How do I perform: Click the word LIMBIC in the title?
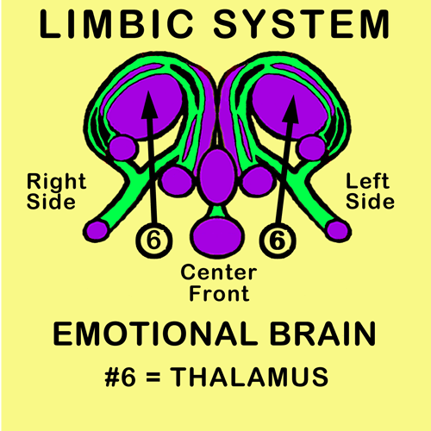[116, 24]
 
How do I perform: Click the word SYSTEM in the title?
[302, 24]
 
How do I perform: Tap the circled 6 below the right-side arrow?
[154, 240]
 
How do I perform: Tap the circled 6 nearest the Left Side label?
[278, 240]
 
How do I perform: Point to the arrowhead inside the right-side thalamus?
[149, 105]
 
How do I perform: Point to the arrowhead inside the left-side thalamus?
[291, 109]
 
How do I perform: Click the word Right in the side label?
[57, 183]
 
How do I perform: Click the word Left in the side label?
[368, 182]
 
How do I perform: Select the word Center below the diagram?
[219, 272]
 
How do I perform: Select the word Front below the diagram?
[219, 293]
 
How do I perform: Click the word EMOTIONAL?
[155, 334]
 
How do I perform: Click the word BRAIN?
[322, 334]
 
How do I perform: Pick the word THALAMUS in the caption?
[249, 377]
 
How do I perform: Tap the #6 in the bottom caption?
[120, 377]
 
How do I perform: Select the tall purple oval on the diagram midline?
[217, 176]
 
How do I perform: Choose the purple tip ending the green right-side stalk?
[96, 230]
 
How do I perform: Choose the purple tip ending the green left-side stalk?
[339, 230]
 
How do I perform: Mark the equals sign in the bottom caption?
[153, 377]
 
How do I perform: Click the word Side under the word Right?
[51, 202]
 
